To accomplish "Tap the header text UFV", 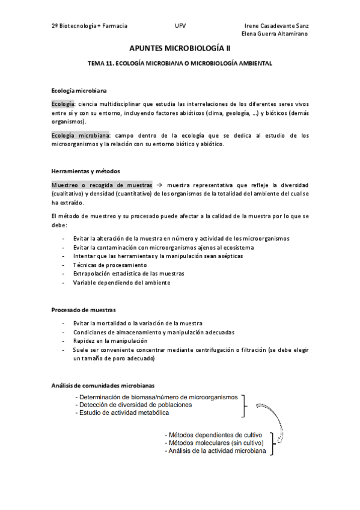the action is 180,26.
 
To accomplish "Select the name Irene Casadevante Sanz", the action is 277,26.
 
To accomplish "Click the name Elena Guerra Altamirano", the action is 275,34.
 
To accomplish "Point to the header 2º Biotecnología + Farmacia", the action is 90,26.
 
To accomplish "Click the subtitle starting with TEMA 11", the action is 180,63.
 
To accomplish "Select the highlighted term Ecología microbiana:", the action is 80,135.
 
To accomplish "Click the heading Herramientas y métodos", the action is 82,171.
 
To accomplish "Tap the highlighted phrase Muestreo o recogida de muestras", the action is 102,185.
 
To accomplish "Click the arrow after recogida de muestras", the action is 159,185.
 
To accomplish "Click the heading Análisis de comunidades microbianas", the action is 103,384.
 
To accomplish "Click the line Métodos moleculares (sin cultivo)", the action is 216,443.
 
